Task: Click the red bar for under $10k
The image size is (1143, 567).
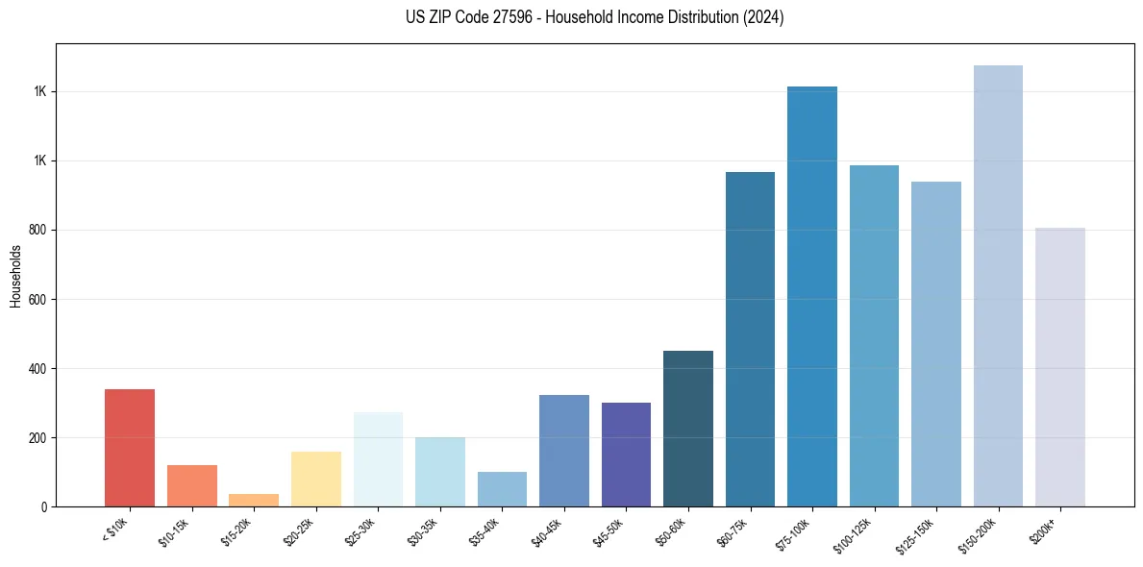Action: [x=130, y=448]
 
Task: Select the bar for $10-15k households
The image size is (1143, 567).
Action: [x=191, y=486]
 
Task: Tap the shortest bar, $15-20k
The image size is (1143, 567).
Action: [x=254, y=501]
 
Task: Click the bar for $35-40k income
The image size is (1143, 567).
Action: [x=502, y=489]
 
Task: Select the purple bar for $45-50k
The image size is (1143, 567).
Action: [x=626, y=455]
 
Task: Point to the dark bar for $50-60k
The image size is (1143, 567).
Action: [x=688, y=429]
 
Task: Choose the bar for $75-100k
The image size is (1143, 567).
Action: [x=812, y=297]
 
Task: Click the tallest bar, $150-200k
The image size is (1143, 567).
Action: [x=998, y=286]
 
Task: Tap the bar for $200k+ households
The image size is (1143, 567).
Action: [x=1060, y=367]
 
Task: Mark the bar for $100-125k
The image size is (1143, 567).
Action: [x=874, y=336]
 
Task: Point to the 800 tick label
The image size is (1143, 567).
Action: [x=40, y=231]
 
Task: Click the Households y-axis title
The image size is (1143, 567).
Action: [x=15, y=276]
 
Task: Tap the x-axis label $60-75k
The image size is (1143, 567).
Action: [x=735, y=531]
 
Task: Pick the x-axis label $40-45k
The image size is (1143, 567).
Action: [x=550, y=531]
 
